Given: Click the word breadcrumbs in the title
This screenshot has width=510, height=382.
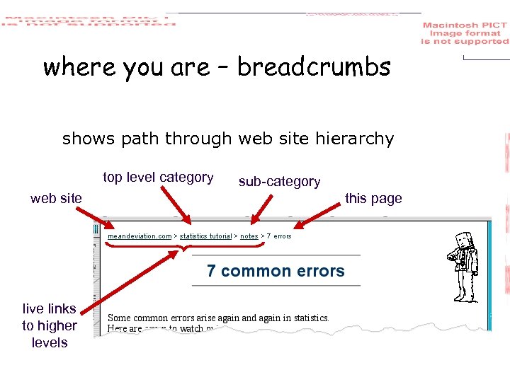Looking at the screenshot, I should click(314, 67).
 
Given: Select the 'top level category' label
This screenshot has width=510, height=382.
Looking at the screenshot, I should click(158, 178).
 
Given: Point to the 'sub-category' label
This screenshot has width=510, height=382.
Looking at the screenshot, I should click(279, 182).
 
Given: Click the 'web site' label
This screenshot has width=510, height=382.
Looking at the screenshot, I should click(56, 199).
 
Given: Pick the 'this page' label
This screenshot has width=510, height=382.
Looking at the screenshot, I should click(373, 199).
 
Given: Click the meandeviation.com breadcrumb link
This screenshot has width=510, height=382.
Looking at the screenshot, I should click(140, 236).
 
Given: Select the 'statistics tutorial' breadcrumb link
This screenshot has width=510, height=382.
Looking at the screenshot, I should click(205, 236).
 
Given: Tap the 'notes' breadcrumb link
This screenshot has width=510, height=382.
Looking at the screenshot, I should click(249, 236).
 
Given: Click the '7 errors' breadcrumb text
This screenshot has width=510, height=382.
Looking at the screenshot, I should click(279, 236).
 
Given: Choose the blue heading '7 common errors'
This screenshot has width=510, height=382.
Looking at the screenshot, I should click(276, 271).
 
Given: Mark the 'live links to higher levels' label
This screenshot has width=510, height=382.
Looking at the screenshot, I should click(49, 325).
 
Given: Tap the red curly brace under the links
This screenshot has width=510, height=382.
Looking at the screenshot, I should click(185, 246).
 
